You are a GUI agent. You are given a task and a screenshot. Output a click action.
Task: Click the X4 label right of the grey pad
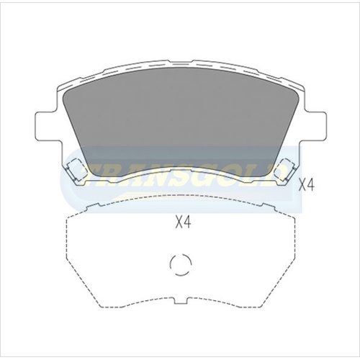tap(307, 185)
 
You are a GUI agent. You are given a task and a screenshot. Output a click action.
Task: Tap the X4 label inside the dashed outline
tap(183, 222)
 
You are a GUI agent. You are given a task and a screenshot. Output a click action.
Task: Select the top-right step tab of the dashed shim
tap(268, 204)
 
